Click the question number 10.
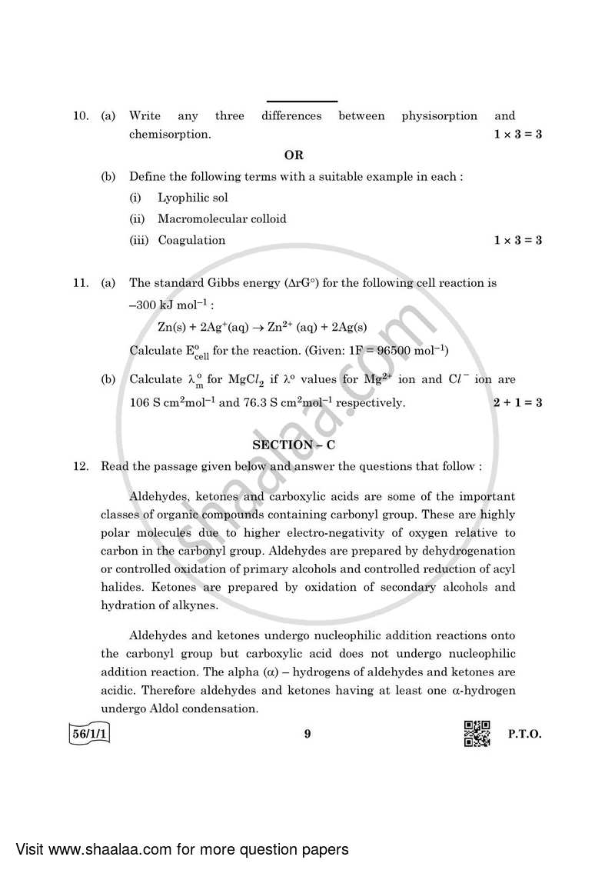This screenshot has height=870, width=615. coord(80,116)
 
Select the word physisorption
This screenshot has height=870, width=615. coord(439,116)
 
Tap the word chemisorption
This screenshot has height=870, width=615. coord(169,135)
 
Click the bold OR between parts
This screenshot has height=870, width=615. coord(294,155)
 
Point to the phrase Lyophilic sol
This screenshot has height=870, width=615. coord(193,198)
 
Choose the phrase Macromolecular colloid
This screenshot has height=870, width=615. coord(221,219)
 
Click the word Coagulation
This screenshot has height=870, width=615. coord(191,240)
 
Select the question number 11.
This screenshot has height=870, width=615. coord(80,283)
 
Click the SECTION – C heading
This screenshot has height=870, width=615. coord(294,445)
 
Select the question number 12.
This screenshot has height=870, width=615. coord(80,466)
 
